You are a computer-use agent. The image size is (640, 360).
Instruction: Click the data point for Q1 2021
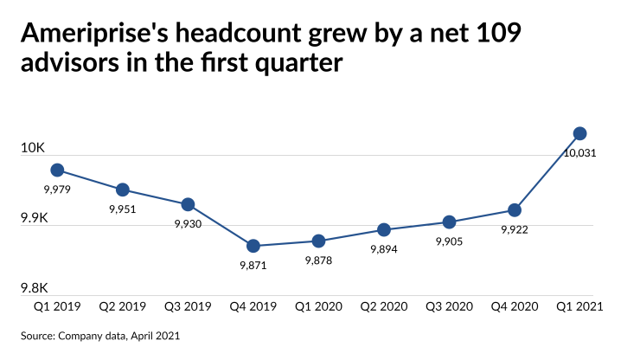pyautogui.click(x=580, y=133)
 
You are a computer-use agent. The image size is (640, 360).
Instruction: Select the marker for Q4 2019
pyautogui.click(x=253, y=246)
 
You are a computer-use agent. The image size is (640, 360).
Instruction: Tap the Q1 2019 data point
pyautogui.click(x=57, y=170)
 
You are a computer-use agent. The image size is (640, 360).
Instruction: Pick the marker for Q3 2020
pyautogui.click(x=449, y=222)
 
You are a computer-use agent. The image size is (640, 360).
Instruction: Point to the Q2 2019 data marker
pyautogui.click(x=123, y=190)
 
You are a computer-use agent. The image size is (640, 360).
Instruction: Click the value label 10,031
pyautogui.click(x=580, y=153)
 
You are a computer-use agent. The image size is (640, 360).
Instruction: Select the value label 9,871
pyautogui.click(x=253, y=266)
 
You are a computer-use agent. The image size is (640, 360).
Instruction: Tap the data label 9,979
pyautogui.click(x=56, y=190)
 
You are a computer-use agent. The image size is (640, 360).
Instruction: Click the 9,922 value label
pyautogui.click(x=515, y=230)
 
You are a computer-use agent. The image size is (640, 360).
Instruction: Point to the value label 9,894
pyautogui.click(x=384, y=249)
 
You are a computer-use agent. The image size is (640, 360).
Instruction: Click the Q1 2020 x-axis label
pyautogui.click(x=318, y=306)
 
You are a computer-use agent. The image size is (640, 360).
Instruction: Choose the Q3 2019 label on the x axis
pyautogui.click(x=188, y=306)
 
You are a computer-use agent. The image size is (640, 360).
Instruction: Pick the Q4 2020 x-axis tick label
pyautogui.click(x=515, y=306)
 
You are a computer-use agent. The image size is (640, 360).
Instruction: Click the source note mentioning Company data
pyautogui.click(x=102, y=334)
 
